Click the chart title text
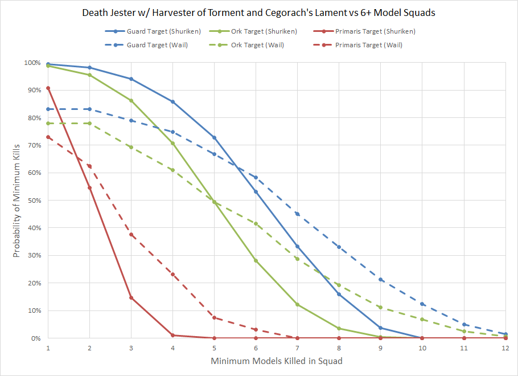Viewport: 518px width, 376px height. (x=259, y=13)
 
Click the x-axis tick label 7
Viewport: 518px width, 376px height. (x=297, y=348)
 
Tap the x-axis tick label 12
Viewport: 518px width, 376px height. (x=505, y=348)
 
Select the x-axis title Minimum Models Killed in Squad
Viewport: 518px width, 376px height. (x=277, y=361)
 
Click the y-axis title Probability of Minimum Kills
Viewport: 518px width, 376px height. (x=17, y=201)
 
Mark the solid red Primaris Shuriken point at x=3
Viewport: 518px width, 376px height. (x=131, y=297)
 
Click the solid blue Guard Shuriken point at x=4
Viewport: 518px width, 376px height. (x=172, y=102)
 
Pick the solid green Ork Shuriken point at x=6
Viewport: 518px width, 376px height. (x=256, y=260)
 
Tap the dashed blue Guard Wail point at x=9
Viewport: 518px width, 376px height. (x=380, y=280)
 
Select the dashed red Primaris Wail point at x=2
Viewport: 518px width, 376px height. (x=89, y=166)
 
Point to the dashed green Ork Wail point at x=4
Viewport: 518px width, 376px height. (x=172, y=170)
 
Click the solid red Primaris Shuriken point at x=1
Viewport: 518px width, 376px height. (x=48, y=88)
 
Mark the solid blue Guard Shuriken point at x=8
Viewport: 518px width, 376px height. (x=339, y=294)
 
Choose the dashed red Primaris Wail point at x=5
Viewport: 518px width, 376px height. (x=214, y=317)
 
